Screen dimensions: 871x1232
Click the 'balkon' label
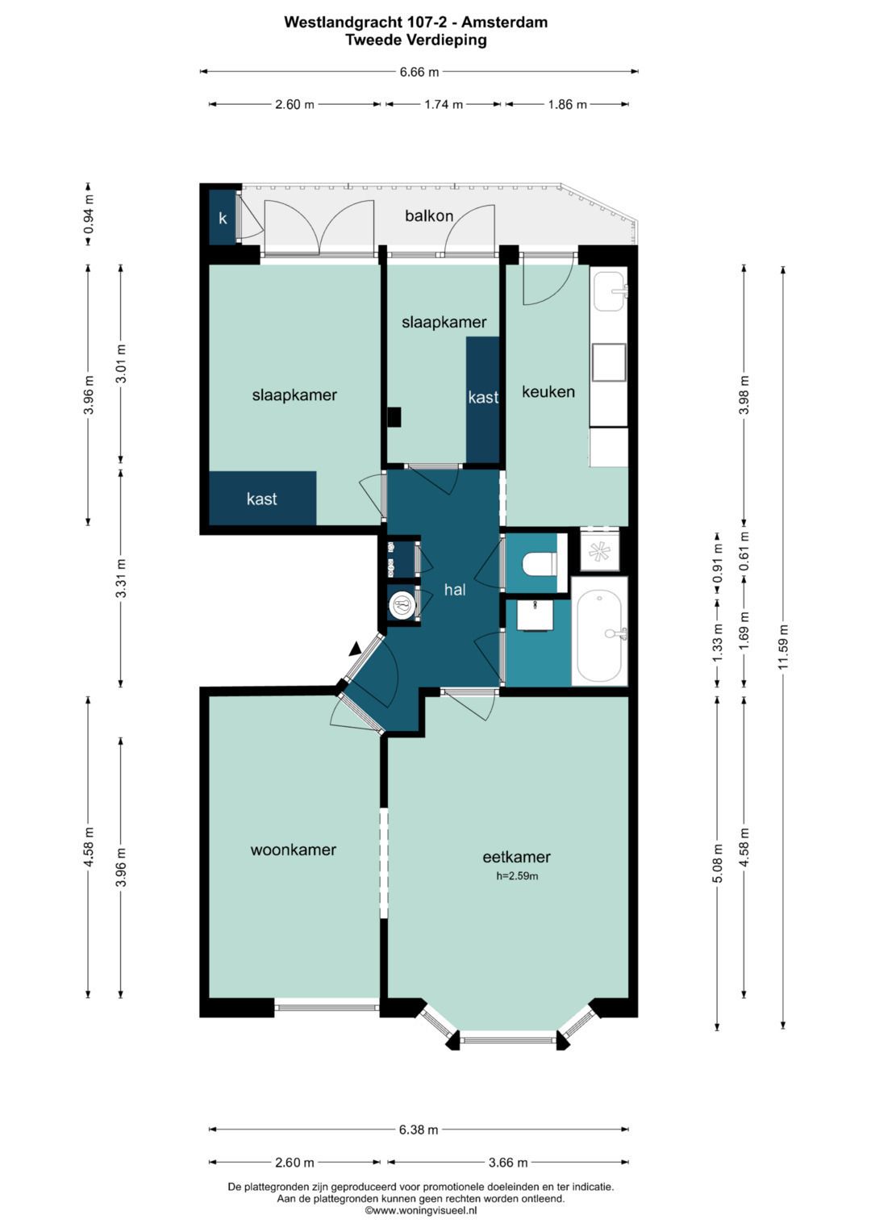tap(429, 215)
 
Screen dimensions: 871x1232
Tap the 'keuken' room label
tap(548, 391)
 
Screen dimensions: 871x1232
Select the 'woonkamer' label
tap(293, 850)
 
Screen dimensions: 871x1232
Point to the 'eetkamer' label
tap(516, 857)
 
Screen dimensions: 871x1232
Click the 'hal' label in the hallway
tap(455, 590)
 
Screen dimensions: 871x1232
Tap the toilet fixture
tap(540, 564)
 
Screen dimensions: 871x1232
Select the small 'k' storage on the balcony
tap(223, 219)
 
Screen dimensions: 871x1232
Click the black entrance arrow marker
tap(355, 649)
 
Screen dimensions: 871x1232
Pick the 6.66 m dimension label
tap(419, 72)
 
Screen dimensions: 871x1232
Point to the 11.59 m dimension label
tap(783, 647)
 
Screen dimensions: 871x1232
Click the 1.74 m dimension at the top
tap(444, 105)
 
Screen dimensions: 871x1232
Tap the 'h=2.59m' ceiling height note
tap(517, 876)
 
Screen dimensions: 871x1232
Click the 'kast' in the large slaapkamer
tap(262, 499)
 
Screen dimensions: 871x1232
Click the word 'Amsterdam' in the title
tap(504, 22)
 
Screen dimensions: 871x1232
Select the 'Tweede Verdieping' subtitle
tap(415, 40)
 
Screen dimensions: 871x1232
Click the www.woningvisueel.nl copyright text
tap(421, 1210)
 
